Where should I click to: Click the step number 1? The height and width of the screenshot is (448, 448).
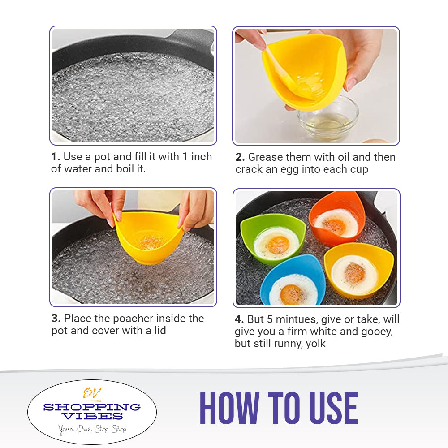pyautogui.click(x=55, y=157)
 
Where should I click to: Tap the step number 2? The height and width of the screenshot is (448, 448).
pyautogui.click(x=240, y=157)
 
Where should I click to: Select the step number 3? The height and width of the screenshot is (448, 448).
pyautogui.click(x=56, y=319)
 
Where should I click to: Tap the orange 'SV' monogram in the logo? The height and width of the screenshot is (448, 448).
pyautogui.click(x=92, y=393)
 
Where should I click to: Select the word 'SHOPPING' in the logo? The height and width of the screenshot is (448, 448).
pyautogui.click(x=92, y=407)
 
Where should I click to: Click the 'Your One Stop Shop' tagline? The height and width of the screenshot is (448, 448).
pyautogui.click(x=92, y=429)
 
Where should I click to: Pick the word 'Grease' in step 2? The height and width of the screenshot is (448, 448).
pyautogui.click(x=265, y=157)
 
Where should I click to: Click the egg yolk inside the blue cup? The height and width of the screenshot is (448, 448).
pyautogui.click(x=292, y=294)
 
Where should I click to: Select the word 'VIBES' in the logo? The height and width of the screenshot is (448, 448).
pyautogui.click(x=92, y=416)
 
